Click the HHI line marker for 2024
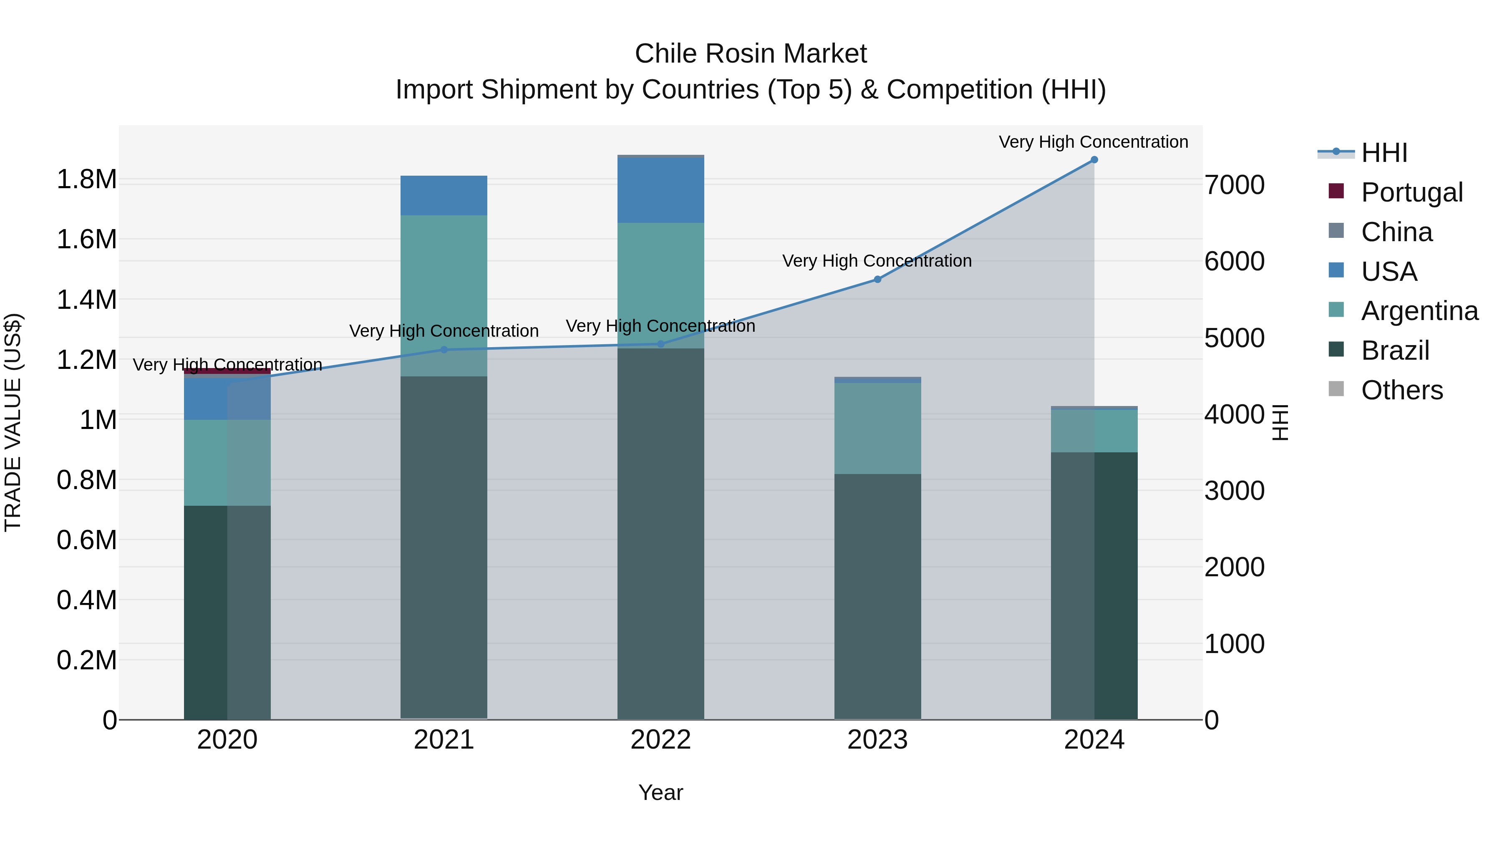pyautogui.click(x=1094, y=160)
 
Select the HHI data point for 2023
pyautogui.click(x=877, y=279)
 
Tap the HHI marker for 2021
pyautogui.click(x=444, y=350)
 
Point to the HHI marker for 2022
pyautogui.click(x=660, y=344)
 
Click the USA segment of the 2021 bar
pyautogui.click(x=444, y=195)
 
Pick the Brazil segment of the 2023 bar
pyautogui.click(x=877, y=595)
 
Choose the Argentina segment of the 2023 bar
pyautogui.click(x=877, y=429)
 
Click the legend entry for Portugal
pyautogui.click(x=1411, y=192)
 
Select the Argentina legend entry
pyautogui.click(x=1419, y=311)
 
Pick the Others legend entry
pyautogui.click(x=1402, y=390)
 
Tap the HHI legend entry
pyautogui.click(x=1384, y=153)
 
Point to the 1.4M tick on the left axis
pyautogui.click(x=87, y=300)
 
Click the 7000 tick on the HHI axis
pyautogui.click(x=1235, y=185)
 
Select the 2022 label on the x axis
pyautogui.click(x=660, y=740)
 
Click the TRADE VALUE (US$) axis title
pyautogui.click(x=13, y=422)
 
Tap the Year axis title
pyautogui.click(x=660, y=792)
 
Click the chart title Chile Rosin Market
pyautogui.click(x=751, y=54)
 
